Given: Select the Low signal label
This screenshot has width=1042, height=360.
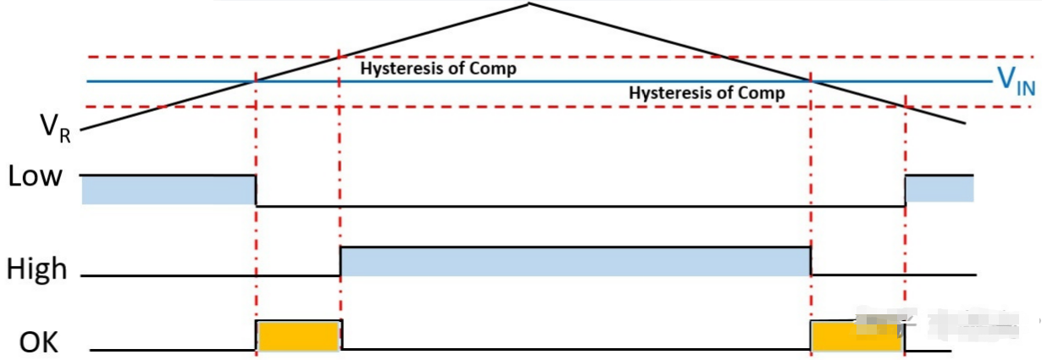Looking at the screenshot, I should (x=35, y=177).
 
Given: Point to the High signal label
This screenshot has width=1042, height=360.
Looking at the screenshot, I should (x=36, y=269).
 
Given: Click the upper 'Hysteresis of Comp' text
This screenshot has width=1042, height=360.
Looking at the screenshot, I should (x=438, y=69).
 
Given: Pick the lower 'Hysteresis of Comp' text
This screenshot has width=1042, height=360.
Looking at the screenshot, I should (x=707, y=93).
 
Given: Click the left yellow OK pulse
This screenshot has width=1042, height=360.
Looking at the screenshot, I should (x=298, y=335).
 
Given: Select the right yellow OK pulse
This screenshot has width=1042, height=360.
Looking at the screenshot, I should (x=856, y=336).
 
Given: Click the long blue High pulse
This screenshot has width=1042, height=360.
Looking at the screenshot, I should (x=575, y=261).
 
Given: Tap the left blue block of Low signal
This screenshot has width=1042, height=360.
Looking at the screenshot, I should (x=169, y=189).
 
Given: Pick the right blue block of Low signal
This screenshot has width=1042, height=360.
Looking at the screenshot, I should (x=939, y=188).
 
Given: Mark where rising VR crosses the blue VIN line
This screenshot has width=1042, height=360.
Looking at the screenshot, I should (x=256, y=81).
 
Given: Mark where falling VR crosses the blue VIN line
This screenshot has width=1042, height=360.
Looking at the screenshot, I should (x=811, y=81).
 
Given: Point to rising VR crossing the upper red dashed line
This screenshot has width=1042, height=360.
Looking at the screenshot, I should (x=339, y=57).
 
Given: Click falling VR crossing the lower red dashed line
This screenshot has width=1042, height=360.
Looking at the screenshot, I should (x=905, y=107).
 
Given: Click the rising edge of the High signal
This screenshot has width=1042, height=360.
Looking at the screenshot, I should (x=341, y=261).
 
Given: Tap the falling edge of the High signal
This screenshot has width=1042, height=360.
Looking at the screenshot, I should (x=811, y=261).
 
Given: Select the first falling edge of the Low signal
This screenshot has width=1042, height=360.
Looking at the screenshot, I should (x=256, y=190).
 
